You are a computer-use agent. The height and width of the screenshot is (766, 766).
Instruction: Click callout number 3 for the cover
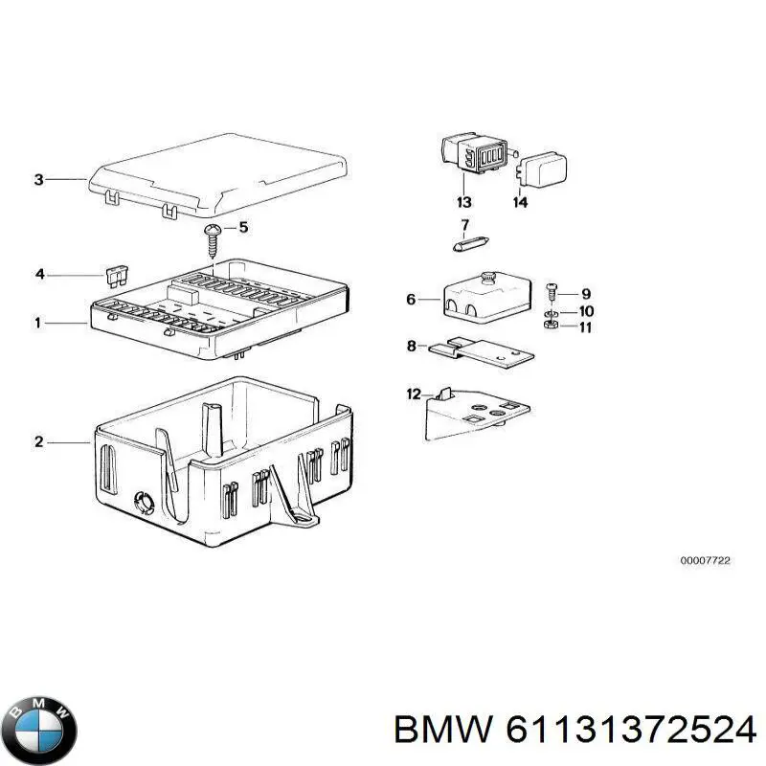[x=38, y=179]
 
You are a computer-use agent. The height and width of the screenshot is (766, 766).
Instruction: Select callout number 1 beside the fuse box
[x=38, y=324]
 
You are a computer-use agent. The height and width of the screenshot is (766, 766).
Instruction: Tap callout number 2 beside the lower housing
[x=38, y=441]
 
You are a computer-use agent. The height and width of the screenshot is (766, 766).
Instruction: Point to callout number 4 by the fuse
[x=39, y=275]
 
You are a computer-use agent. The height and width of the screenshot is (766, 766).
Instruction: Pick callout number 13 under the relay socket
[x=464, y=202]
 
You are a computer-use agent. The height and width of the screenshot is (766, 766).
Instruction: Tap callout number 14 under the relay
[x=520, y=202]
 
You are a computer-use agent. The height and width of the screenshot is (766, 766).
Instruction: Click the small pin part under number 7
[x=465, y=244]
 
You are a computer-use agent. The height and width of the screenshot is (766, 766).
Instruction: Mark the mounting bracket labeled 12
[x=474, y=414]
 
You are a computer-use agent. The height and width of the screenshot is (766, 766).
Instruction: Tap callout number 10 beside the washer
[x=586, y=311]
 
